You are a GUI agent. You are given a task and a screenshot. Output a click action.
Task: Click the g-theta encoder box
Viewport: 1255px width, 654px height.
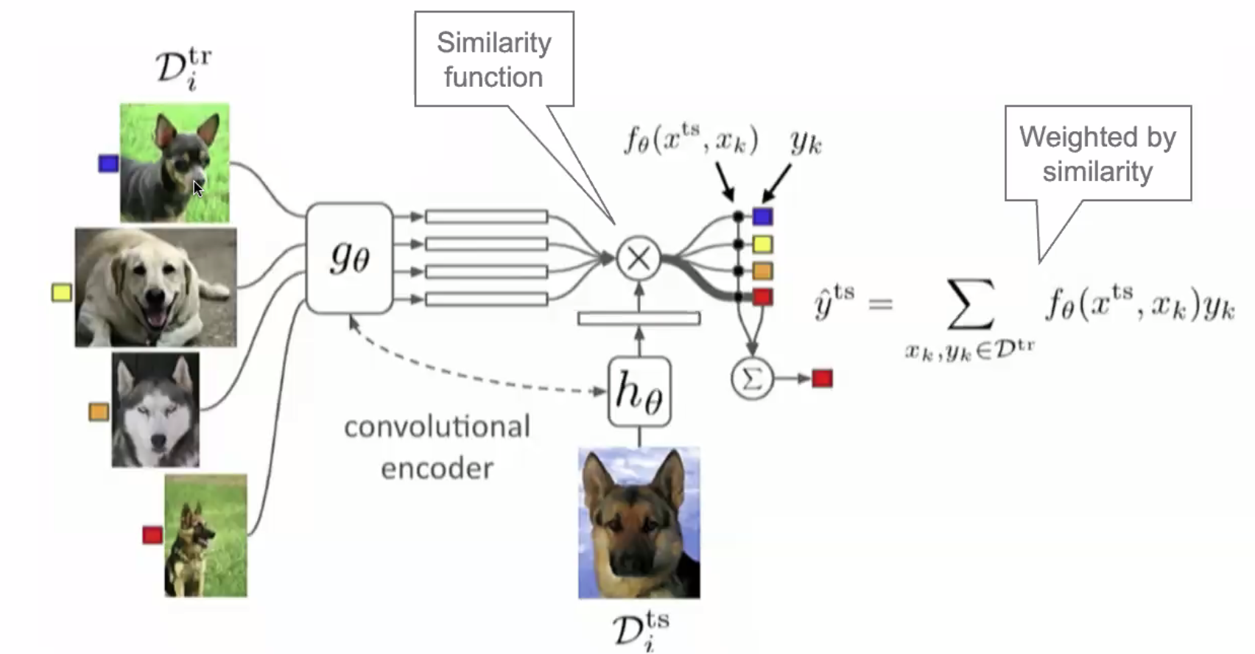click(349, 258)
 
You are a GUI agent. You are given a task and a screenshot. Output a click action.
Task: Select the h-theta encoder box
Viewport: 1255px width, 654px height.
click(639, 391)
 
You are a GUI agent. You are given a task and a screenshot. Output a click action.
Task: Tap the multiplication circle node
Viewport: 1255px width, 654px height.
click(638, 258)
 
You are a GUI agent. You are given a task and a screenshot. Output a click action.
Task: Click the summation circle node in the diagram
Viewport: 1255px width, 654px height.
click(751, 379)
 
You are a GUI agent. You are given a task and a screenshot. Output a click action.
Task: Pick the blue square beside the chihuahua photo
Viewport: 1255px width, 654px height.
click(108, 163)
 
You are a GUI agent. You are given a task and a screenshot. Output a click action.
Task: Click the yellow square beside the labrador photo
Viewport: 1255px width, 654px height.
click(62, 292)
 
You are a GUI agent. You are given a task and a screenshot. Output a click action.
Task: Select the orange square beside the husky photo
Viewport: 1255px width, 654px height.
click(99, 411)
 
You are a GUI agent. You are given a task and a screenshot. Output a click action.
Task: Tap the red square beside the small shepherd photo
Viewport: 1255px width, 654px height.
click(152, 535)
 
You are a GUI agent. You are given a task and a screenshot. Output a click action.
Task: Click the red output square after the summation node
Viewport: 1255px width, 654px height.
click(822, 379)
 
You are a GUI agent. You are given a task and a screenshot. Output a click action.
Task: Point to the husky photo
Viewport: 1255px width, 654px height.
click(155, 409)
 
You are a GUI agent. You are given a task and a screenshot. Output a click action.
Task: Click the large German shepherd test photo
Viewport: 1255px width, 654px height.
click(639, 522)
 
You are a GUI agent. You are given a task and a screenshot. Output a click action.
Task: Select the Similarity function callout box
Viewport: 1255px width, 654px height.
click(493, 59)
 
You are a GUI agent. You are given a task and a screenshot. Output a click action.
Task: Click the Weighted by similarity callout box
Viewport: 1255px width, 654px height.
click(1097, 153)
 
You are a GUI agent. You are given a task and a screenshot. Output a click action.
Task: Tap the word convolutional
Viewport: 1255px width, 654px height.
click(437, 426)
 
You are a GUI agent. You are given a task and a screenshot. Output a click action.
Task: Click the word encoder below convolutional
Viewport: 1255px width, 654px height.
click(437, 468)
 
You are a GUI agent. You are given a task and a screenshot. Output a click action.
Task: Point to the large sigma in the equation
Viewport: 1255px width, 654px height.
click(970, 303)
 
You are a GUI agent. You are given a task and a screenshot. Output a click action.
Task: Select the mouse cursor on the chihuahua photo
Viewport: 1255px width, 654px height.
click(197, 189)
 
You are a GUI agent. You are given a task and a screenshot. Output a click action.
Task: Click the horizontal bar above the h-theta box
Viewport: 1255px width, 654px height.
click(639, 318)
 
